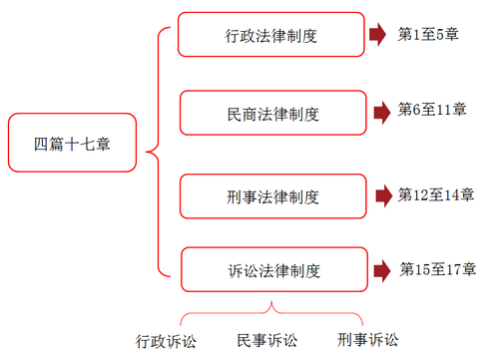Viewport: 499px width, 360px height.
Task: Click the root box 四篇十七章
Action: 72,145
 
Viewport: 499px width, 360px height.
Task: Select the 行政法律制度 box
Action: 271,36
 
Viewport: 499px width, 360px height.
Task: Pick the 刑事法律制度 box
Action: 271,196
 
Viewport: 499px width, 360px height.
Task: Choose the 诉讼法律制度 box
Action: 271,269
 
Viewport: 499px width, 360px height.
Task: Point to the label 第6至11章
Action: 432,109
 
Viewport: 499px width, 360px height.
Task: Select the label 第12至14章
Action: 436,194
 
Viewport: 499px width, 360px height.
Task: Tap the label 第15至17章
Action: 437,268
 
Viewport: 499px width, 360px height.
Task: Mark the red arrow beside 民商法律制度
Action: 379,112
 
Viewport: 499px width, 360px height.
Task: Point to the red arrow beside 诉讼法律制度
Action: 379,269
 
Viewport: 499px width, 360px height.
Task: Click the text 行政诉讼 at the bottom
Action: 167,341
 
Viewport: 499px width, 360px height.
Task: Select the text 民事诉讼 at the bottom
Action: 266,340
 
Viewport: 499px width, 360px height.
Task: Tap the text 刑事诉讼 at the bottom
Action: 367,339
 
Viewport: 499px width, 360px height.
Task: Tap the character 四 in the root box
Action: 41,145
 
